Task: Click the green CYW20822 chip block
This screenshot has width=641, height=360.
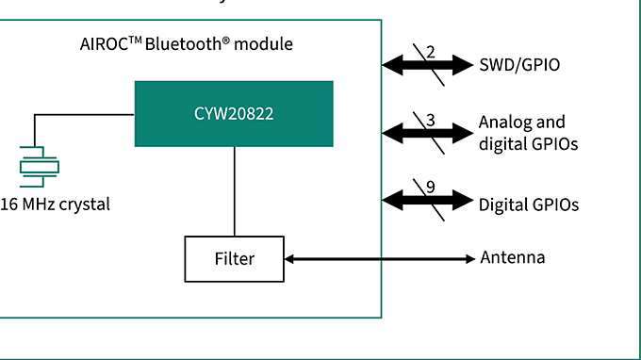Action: pyautogui.click(x=234, y=114)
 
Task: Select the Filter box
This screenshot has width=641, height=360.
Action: pyautogui.click(x=234, y=258)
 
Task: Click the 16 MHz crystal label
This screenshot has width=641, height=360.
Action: pyautogui.click(x=55, y=204)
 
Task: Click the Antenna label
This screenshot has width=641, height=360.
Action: pyautogui.click(x=512, y=258)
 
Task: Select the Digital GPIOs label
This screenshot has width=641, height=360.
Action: pyautogui.click(x=528, y=204)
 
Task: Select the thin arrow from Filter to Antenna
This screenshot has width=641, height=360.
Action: pyautogui.click(x=377, y=258)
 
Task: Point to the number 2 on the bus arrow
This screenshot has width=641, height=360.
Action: pyautogui.click(x=430, y=51)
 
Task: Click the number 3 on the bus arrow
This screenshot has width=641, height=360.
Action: pyautogui.click(x=430, y=120)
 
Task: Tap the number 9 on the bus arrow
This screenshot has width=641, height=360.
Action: pyautogui.click(x=430, y=187)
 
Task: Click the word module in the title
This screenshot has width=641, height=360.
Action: pyautogui.click(x=263, y=44)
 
